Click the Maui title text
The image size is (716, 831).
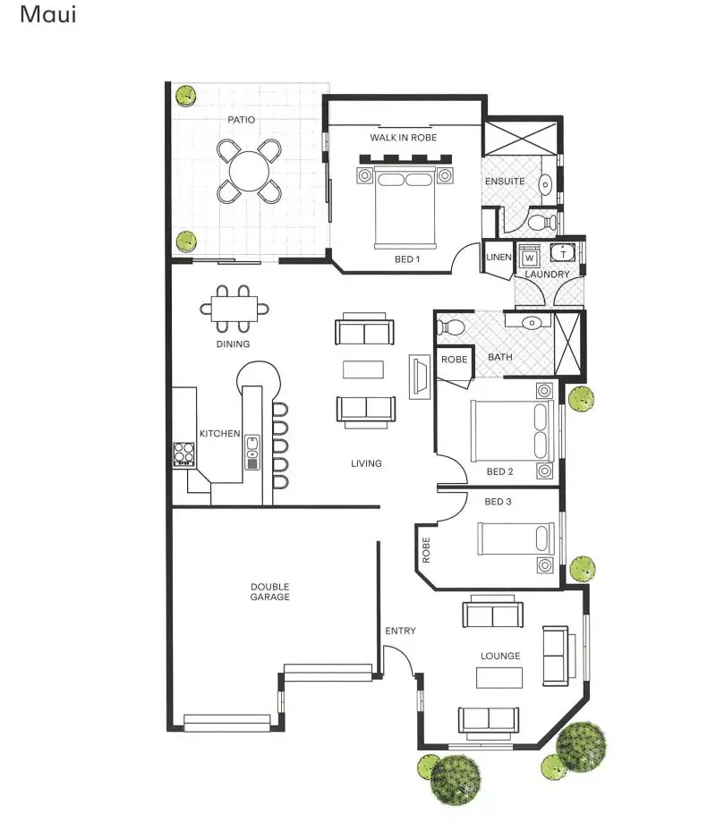click(x=47, y=15)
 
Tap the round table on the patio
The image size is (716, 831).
click(x=250, y=169)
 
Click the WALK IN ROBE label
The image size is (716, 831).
click(x=403, y=138)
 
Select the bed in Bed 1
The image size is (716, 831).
click(x=405, y=206)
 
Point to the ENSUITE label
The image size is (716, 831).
click(x=505, y=182)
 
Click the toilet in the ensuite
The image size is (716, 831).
click(x=540, y=220)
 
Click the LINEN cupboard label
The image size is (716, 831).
click(x=498, y=258)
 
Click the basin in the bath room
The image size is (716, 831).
click(x=532, y=322)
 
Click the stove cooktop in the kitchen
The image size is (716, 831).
click(x=184, y=454)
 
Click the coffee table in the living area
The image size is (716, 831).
click(x=363, y=369)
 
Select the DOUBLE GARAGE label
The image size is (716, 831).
click(x=269, y=592)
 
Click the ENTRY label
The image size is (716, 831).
click(x=400, y=632)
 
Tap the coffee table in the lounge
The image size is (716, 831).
click(x=499, y=678)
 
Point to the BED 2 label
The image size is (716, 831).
click(x=499, y=471)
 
